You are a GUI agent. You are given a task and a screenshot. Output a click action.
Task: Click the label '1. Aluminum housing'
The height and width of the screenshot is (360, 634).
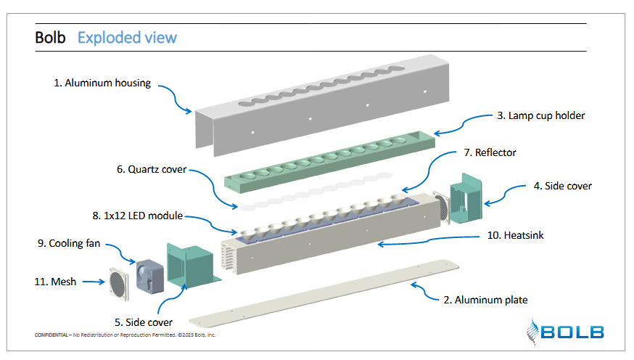click(102, 83)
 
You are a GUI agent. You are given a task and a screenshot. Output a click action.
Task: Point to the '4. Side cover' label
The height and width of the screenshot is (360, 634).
click(562, 186)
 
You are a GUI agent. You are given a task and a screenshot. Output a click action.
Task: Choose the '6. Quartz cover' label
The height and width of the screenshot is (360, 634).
click(152, 170)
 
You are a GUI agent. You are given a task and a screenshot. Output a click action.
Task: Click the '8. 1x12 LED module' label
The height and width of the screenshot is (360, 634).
click(137, 216)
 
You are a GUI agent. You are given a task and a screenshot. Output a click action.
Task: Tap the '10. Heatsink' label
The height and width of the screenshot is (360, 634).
click(516, 237)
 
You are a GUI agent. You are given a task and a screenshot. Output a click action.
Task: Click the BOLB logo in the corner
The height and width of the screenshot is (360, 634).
click(567, 332)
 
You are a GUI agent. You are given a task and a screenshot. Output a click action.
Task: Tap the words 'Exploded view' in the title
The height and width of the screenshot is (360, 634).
click(127, 37)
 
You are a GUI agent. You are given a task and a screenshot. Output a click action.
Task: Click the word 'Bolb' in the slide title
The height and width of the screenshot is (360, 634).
click(52, 37)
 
